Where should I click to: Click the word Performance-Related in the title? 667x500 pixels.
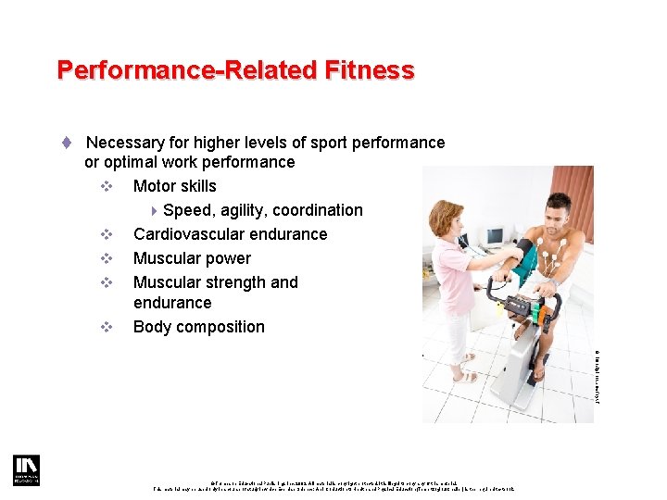tap(187, 70)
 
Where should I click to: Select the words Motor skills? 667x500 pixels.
tap(174, 186)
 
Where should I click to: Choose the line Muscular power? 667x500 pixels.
tap(192, 258)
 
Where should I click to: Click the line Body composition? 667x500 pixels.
tap(198, 327)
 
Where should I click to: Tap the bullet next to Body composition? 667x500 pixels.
tap(107, 327)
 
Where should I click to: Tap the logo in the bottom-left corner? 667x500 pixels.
tap(26, 470)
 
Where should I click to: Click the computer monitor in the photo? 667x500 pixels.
tap(494, 236)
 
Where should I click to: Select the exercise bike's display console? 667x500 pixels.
tap(518, 305)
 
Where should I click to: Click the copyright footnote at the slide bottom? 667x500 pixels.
tap(333, 483)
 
